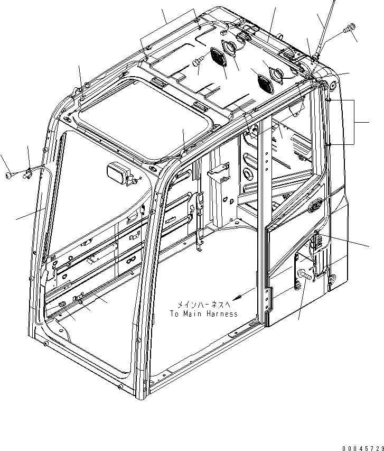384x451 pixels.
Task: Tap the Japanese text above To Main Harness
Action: [x=203, y=305]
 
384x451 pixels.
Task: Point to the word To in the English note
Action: [x=175, y=314]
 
